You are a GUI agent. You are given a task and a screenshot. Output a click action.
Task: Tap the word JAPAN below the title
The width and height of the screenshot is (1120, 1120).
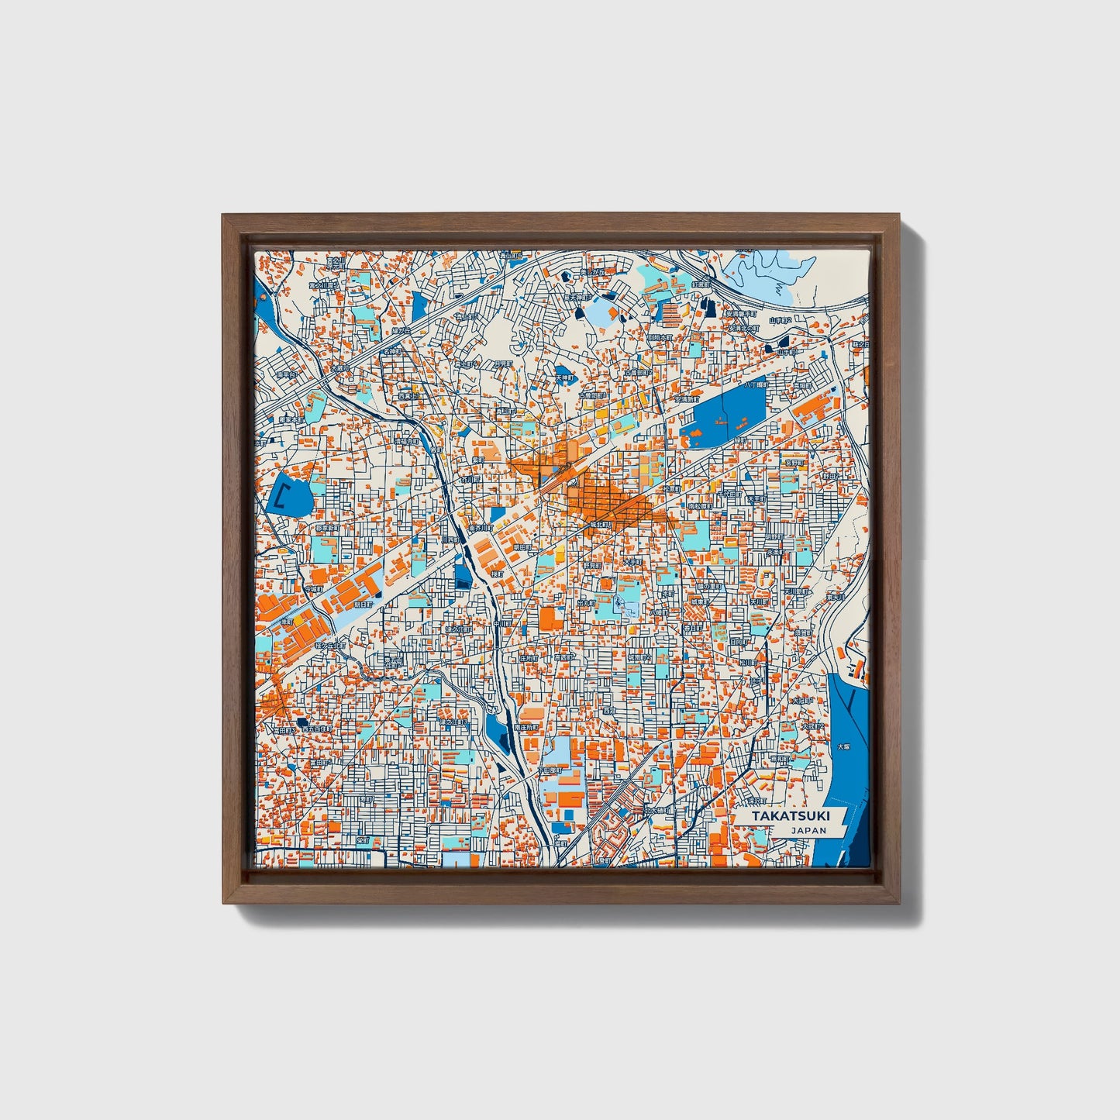point(808,830)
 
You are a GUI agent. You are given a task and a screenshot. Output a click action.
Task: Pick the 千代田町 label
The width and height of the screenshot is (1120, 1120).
point(730,493)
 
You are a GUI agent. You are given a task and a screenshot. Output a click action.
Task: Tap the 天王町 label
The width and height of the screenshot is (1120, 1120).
point(756,499)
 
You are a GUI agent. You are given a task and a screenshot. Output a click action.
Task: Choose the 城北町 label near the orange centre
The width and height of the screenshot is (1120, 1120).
point(601,525)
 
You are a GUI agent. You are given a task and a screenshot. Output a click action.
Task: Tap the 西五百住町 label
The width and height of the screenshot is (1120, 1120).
point(317,729)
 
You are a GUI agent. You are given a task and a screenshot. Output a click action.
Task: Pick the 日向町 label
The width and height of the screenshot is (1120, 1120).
point(739,642)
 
